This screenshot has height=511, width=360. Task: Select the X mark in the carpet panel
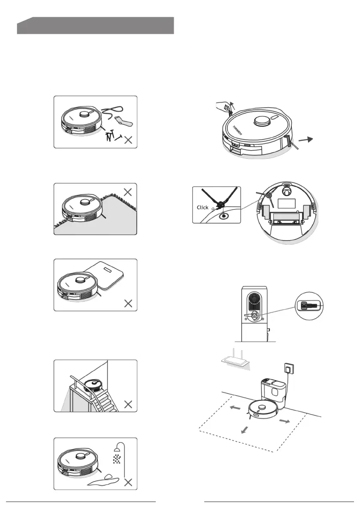(x=127, y=192)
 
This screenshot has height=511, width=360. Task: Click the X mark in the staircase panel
(x=127, y=404)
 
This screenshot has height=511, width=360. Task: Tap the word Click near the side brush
(x=203, y=207)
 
